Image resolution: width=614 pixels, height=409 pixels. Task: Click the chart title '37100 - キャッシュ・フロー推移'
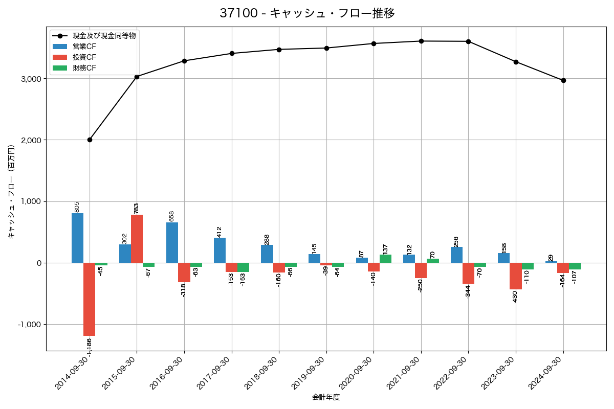coord(307,13)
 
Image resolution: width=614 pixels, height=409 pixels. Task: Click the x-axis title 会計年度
coord(326,397)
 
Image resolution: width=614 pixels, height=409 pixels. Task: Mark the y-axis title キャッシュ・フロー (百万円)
coord(12,192)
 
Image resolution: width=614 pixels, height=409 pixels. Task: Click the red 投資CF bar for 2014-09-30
coord(90,299)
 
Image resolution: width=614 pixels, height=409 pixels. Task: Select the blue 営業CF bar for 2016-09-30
coord(172,242)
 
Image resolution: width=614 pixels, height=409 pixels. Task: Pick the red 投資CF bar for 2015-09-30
coord(137,239)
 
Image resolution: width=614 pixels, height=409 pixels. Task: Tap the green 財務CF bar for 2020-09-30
coord(385,259)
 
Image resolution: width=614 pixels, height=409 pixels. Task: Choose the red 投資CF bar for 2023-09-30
coord(516,276)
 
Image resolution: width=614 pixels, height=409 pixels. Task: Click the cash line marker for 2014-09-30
coord(90,140)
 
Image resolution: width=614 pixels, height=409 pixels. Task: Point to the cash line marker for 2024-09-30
coord(563,80)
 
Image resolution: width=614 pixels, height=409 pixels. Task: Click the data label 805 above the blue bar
coord(77,207)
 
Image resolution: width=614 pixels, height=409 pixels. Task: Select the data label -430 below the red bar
coord(515,297)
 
